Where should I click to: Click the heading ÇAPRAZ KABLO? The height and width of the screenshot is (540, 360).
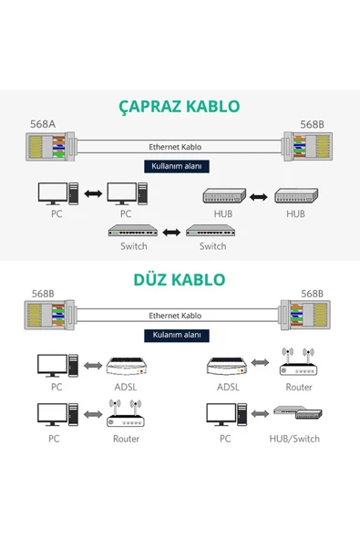pyautogui.click(x=180, y=106)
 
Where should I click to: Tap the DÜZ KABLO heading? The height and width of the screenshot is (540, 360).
pyautogui.click(x=180, y=278)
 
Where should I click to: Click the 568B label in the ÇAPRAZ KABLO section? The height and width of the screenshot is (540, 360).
pyautogui.click(x=313, y=125)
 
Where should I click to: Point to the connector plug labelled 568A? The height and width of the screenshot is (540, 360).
pyautogui.click(x=49, y=147)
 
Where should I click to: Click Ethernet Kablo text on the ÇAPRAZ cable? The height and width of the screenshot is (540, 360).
pyautogui.click(x=174, y=146)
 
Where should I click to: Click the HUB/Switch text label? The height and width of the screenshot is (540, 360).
pyautogui.click(x=293, y=439)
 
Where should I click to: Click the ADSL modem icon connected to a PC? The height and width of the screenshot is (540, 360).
pyautogui.click(x=126, y=366)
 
